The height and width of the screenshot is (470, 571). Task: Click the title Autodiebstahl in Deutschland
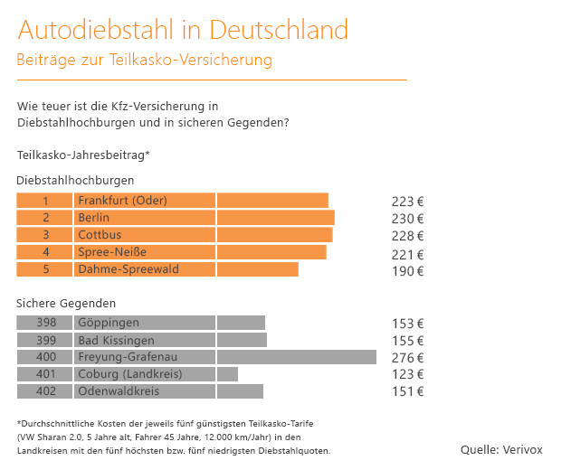[182, 29]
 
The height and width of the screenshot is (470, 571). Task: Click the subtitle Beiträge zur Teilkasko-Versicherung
[144, 60]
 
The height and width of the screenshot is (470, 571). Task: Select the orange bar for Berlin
[276, 218]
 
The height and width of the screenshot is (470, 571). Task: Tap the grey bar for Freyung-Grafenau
[297, 357]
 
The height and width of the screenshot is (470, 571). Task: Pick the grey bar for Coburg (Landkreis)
[227, 374]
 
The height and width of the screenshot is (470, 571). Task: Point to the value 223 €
[407, 202]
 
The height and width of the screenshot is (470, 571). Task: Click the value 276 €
[407, 358]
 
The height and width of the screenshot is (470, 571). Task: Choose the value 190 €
[407, 270]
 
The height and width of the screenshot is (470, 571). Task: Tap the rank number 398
[44, 323]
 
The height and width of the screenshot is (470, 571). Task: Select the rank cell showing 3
[44, 235]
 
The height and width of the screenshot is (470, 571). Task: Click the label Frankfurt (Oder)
[122, 201]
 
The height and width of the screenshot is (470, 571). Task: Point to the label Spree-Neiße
[112, 252]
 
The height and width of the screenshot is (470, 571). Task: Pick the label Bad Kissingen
[116, 341]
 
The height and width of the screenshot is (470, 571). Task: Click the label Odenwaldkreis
[119, 391]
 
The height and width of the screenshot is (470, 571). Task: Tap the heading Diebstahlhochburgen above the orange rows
[75, 181]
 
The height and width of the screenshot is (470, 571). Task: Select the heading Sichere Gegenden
[66, 303]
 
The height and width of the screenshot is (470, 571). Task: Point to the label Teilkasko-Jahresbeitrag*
[83, 155]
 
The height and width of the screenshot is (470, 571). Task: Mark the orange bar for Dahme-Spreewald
[258, 269]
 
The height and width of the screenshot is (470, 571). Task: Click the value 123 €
[407, 375]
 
